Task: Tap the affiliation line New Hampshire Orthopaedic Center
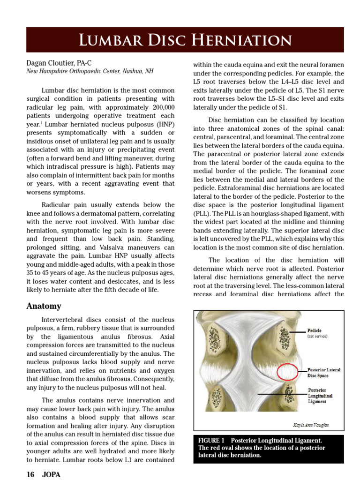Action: pyautogui.click(x=89, y=71)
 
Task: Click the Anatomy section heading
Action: pyautogui.click(x=44, y=306)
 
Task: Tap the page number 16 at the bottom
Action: pyautogui.click(x=30, y=474)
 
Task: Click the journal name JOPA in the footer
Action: pyautogui.click(x=51, y=474)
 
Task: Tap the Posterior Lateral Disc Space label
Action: pyautogui.click(x=323, y=372)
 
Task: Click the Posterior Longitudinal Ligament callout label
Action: pyautogui.click(x=321, y=396)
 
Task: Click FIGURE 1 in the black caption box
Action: pyautogui.click(x=212, y=440)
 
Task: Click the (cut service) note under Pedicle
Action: pyautogui.click(x=317, y=336)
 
